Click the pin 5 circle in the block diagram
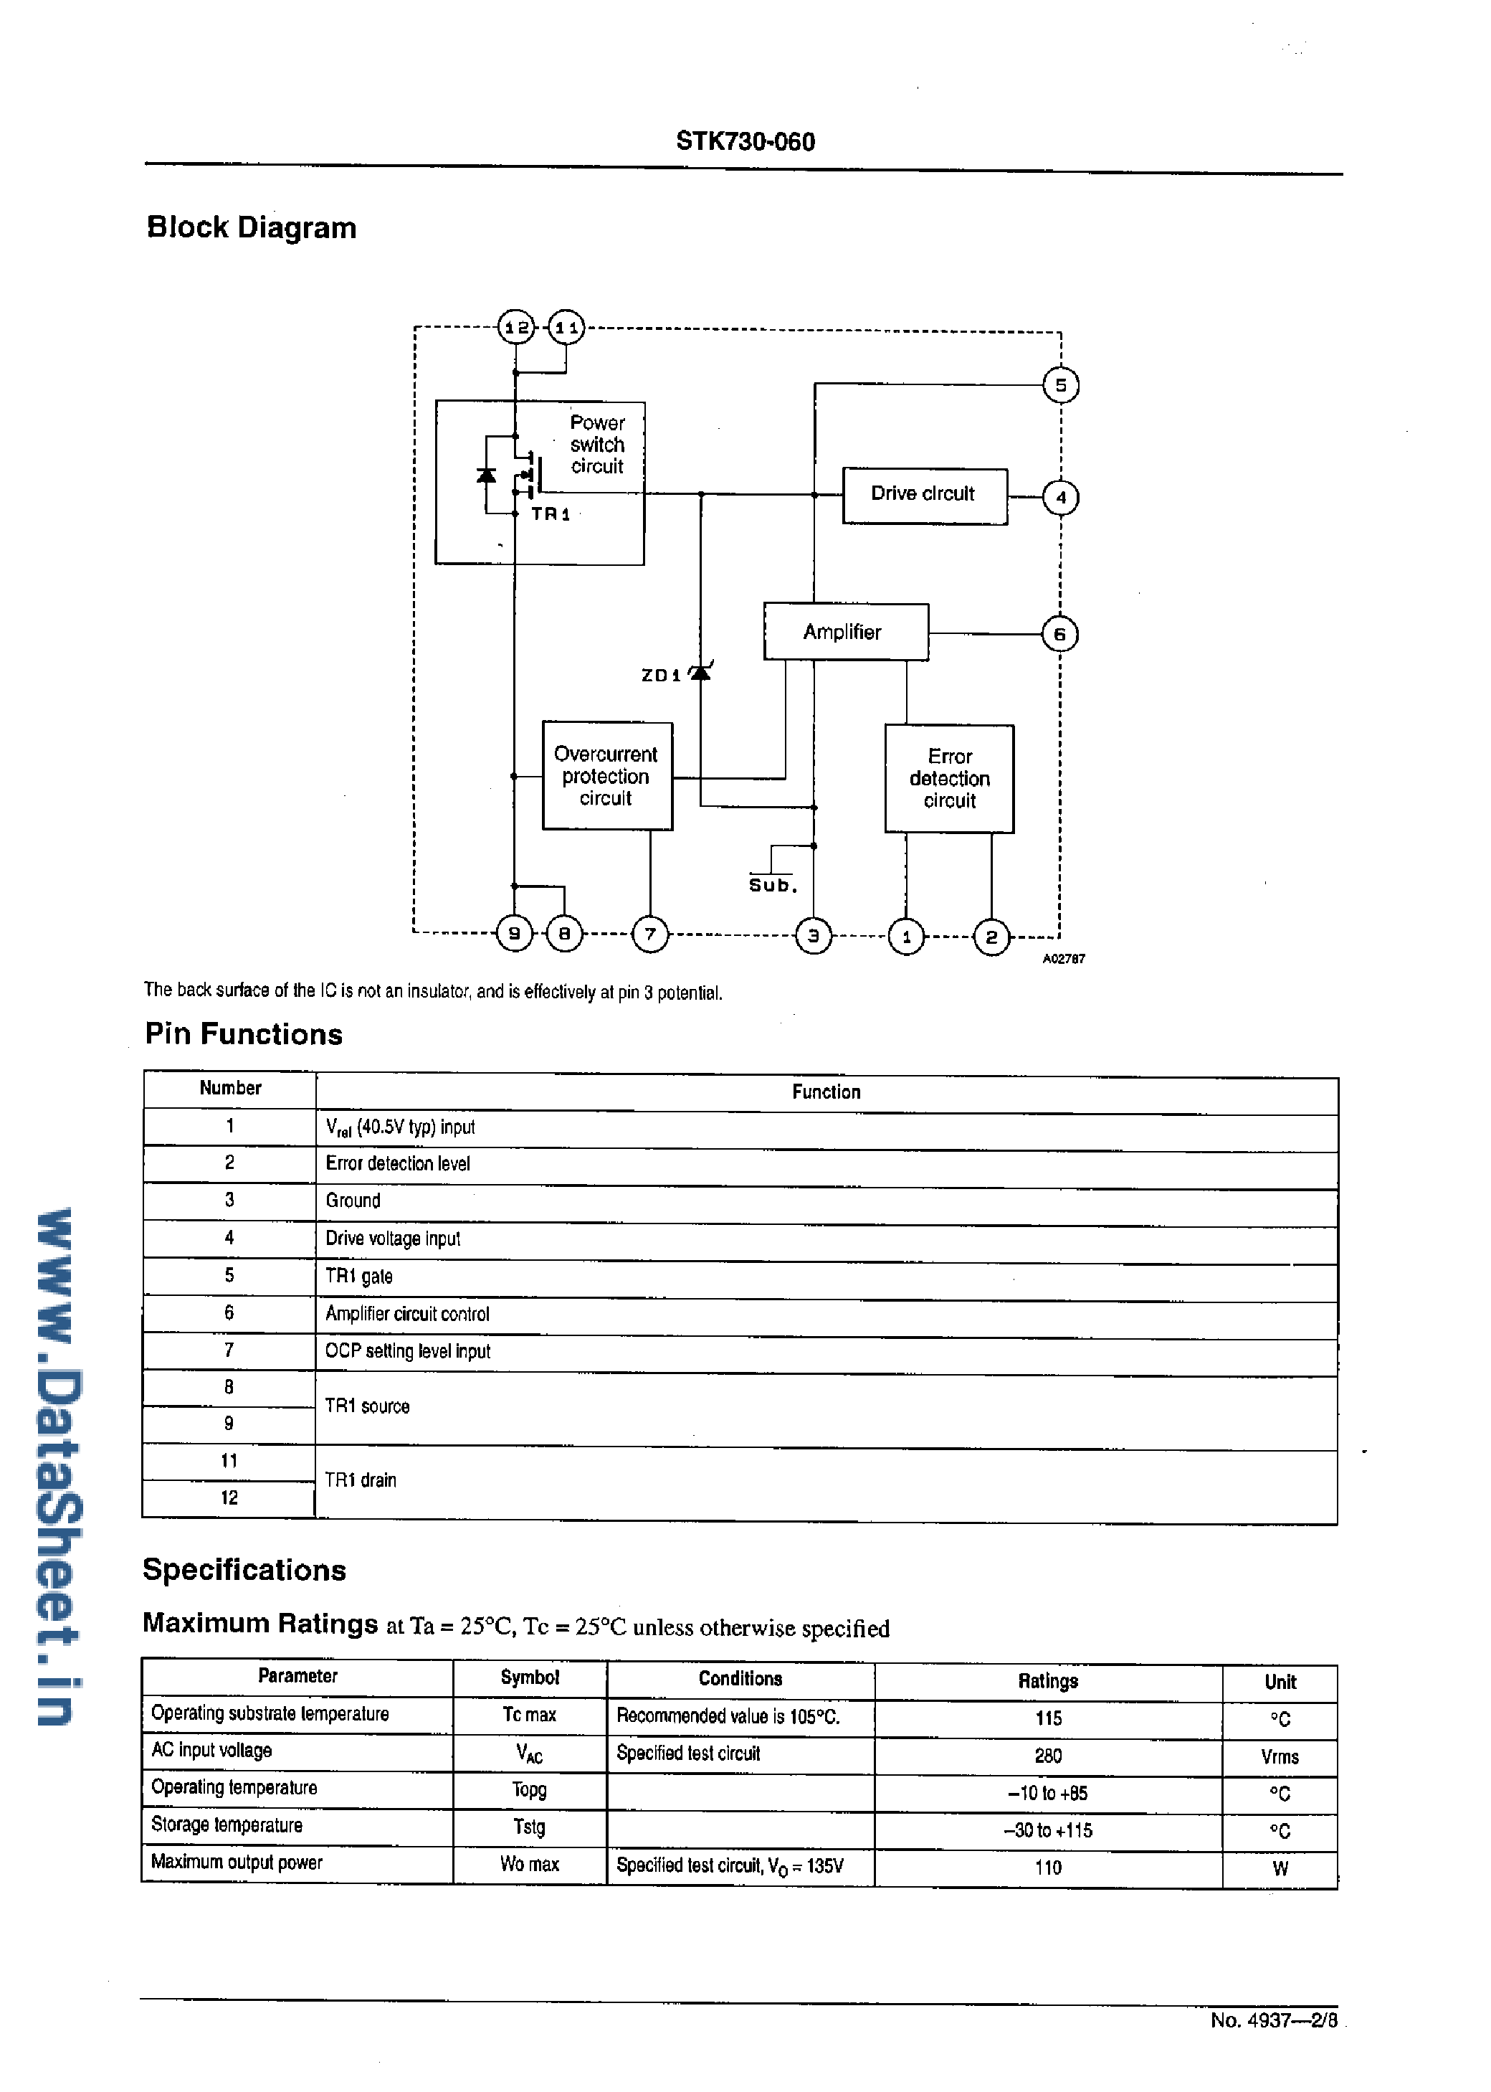tap(1060, 385)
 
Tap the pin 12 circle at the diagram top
tap(516, 327)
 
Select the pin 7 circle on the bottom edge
tap(650, 935)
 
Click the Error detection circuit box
tap(949, 779)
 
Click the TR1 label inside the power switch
tap(551, 514)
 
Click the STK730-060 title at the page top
tap(745, 141)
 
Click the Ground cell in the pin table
tap(353, 1201)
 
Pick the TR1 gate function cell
tap(359, 1276)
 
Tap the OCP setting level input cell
tap(408, 1351)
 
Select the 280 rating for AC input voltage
tap(1047, 1756)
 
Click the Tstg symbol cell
tap(529, 1827)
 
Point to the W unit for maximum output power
tap(1280, 1868)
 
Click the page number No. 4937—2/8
tap(1273, 2020)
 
